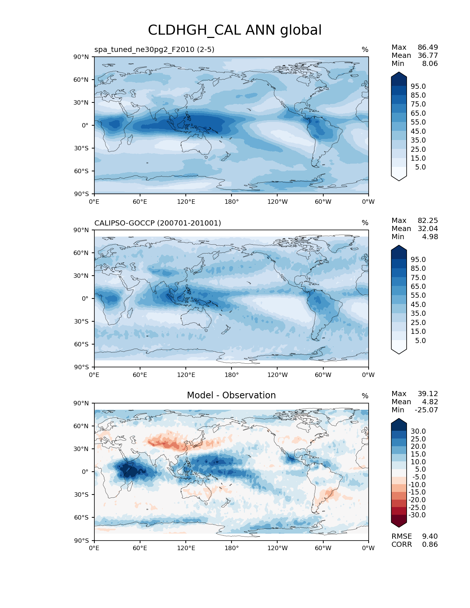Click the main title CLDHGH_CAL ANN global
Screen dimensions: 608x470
[235, 30]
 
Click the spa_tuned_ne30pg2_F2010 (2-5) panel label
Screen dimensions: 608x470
[154, 49]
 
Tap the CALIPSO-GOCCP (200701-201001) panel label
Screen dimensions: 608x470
[158, 223]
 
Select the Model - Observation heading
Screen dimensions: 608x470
[231, 395]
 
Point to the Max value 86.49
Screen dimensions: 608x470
[428, 47]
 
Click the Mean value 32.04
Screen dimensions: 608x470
[428, 228]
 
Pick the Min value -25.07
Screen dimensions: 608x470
[426, 410]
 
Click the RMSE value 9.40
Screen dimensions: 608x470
[430, 536]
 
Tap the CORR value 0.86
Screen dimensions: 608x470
[430, 544]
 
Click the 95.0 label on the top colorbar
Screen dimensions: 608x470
[418, 86]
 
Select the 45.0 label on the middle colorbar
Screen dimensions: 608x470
[418, 304]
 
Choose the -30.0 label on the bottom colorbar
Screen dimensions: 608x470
[417, 515]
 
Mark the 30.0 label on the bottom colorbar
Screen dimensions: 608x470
[418, 431]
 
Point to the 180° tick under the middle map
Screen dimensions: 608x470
[231, 375]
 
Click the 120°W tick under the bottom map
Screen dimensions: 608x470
[277, 548]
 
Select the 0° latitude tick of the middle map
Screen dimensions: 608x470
[85, 298]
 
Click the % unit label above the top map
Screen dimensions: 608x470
[365, 49]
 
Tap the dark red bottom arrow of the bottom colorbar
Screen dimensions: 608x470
[399, 521]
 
